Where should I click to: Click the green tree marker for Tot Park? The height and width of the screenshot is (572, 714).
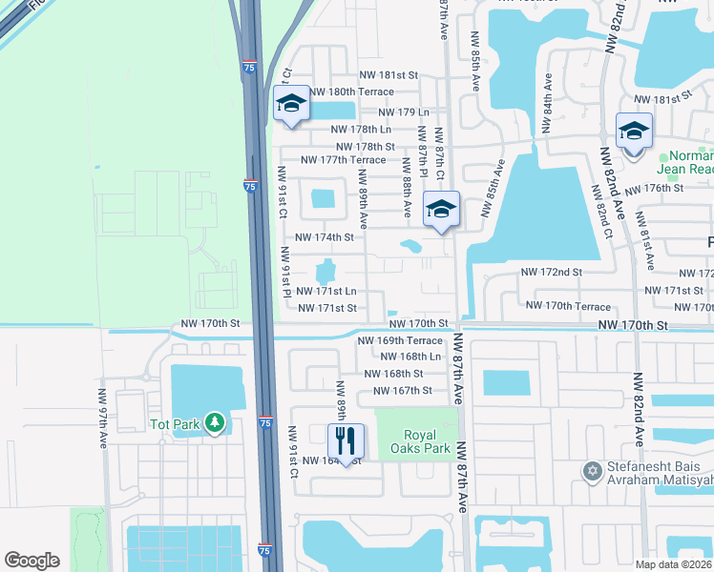pyautogui.click(x=215, y=421)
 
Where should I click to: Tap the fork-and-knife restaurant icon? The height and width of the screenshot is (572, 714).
pyautogui.click(x=345, y=439)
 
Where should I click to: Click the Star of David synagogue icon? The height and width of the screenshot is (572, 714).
pyautogui.click(x=592, y=470)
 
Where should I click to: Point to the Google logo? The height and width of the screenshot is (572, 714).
pyautogui.click(x=31, y=561)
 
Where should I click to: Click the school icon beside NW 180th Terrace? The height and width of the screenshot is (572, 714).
pyautogui.click(x=291, y=104)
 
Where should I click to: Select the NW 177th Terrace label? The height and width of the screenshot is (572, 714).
pyautogui.click(x=343, y=160)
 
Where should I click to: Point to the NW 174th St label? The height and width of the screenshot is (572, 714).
pyautogui.click(x=325, y=236)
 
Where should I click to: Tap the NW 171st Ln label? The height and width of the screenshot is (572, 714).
pyautogui.click(x=326, y=291)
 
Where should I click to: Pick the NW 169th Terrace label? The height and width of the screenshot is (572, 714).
pyautogui.click(x=400, y=340)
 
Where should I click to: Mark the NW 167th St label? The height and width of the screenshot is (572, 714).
pyautogui.click(x=403, y=391)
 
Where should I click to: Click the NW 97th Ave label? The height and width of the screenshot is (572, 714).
pyautogui.click(x=103, y=418)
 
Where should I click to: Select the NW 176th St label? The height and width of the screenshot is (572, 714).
pyautogui.click(x=664, y=188)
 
